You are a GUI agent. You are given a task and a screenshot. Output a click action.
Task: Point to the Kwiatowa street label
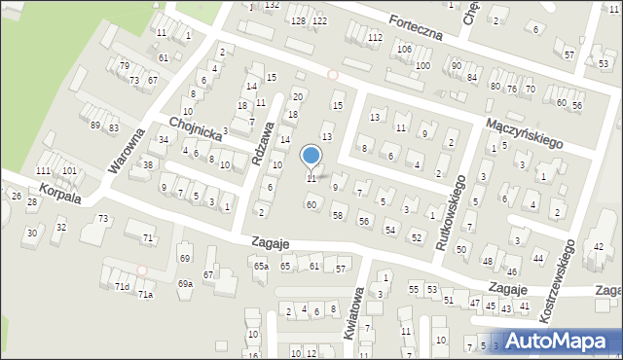point(352,312)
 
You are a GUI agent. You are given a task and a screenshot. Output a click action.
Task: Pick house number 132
point(272,6)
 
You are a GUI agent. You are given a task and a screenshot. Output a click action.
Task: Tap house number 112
point(375,37)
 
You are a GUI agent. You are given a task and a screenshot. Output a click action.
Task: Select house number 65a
point(260,266)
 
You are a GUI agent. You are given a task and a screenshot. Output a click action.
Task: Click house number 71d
point(122,286)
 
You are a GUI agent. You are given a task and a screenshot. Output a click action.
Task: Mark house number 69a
point(185,283)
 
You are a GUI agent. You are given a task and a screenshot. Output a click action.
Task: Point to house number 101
point(69,171)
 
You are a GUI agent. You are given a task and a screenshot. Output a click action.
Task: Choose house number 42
point(599,246)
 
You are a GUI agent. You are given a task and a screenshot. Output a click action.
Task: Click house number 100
point(422,65)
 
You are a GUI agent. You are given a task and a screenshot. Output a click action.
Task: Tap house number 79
point(124,65)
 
